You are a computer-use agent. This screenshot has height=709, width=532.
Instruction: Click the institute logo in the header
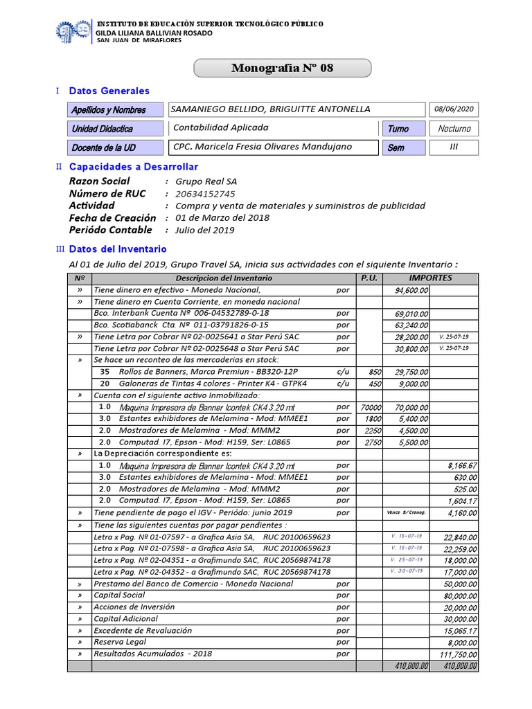[73, 31]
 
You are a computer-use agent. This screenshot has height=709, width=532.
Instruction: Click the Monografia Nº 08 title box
[282, 68]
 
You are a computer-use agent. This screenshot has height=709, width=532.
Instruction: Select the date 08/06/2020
[454, 109]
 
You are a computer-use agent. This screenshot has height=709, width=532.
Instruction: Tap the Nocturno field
[454, 129]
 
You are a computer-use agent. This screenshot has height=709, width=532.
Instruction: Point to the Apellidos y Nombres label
[109, 110]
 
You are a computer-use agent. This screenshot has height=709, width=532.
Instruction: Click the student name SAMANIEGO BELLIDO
[271, 109]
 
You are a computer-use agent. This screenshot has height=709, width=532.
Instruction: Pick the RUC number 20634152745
[205, 194]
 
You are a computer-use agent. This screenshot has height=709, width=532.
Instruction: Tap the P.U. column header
[369, 278]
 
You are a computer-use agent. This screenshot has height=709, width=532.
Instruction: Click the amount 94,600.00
[411, 290]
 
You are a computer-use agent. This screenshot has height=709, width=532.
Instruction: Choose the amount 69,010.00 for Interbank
[411, 314]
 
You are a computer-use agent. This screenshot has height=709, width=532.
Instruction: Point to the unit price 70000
[371, 407]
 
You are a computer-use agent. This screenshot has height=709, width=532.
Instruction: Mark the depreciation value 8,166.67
[461, 466]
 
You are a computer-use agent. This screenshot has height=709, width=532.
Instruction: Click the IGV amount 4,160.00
[462, 513]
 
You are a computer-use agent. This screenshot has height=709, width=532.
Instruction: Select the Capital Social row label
[119, 595]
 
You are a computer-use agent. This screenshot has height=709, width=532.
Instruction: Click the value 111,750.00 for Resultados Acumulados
[459, 654]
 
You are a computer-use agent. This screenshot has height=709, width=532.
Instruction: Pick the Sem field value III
[454, 147]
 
